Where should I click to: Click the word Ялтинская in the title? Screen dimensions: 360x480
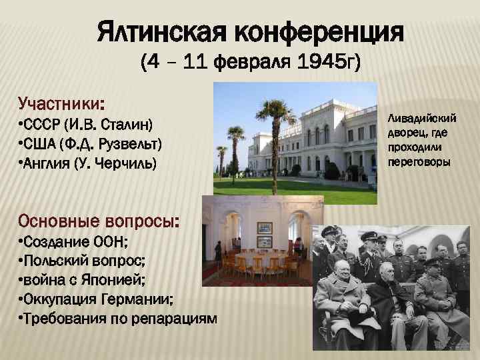164,31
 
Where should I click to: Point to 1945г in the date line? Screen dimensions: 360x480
329,63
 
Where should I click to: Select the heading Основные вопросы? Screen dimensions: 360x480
99,220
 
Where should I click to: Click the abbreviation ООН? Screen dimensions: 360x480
99,241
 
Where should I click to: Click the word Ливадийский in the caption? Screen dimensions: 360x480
423,118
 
